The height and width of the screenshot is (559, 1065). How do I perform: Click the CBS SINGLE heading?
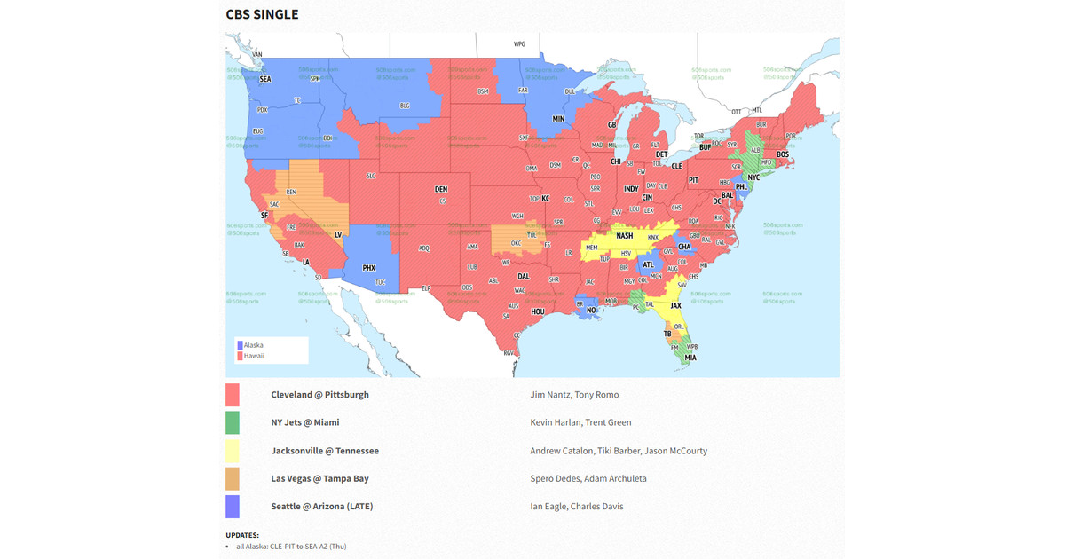[x=262, y=14]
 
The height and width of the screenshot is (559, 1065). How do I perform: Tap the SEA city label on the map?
[x=264, y=79]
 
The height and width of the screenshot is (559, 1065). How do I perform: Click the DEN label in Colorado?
[x=441, y=189]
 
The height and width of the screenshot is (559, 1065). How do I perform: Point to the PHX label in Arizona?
[x=369, y=267]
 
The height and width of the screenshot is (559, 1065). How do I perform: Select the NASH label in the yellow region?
[x=625, y=236]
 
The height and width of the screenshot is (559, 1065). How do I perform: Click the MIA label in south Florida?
[x=690, y=358]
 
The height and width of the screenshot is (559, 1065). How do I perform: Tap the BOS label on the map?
[x=783, y=154]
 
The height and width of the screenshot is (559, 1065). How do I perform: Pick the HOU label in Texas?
[x=538, y=311]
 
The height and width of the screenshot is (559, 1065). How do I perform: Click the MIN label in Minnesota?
[x=559, y=119]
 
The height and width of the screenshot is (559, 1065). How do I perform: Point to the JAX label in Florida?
[x=675, y=306]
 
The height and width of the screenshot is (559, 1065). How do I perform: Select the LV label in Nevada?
[x=338, y=235]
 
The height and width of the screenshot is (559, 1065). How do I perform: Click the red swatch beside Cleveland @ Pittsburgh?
[x=233, y=395]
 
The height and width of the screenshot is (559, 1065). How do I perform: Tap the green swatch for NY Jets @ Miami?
[x=233, y=422]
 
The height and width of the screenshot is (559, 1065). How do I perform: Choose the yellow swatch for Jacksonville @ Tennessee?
[x=233, y=451]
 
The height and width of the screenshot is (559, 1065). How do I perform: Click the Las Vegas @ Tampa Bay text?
[x=319, y=478]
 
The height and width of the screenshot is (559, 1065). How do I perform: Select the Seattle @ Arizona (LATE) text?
[x=322, y=507]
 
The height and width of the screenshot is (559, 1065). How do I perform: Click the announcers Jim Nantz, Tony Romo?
[x=574, y=395]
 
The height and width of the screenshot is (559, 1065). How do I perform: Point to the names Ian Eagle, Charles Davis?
[x=576, y=507]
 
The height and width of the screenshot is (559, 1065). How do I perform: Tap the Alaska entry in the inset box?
[x=253, y=345]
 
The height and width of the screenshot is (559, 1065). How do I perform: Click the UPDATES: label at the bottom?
[x=242, y=535]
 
